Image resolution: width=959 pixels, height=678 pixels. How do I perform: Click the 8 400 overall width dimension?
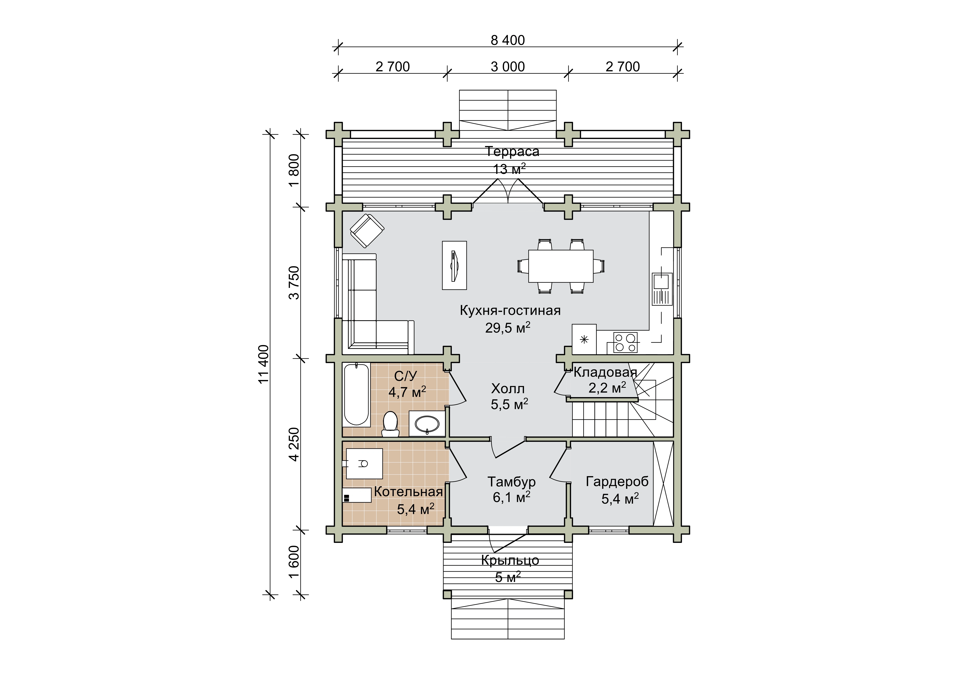pos(508,41)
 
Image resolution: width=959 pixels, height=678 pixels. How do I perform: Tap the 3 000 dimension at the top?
pos(508,67)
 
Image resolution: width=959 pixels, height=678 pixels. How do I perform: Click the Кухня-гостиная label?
pos(510,310)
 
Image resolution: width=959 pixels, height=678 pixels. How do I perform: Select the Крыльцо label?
pos(510,560)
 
